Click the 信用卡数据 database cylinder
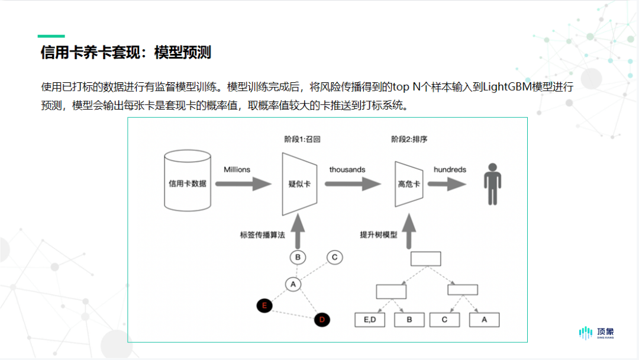(x=188, y=181)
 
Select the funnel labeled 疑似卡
(x=299, y=184)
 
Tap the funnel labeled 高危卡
(x=409, y=184)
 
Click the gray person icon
(x=492, y=184)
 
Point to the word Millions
(x=237, y=169)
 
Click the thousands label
(x=347, y=169)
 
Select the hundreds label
(x=450, y=169)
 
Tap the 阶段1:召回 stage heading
(x=302, y=139)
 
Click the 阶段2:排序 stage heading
(x=409, y=139)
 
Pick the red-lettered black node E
(x=264, y=306)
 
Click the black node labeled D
(x=322, y=320)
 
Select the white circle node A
(x=293, y=284)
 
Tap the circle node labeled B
(x=298, y=257)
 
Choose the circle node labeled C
(x=334, y=257)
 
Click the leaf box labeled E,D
(x=370, y=320)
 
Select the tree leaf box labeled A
(x=484, y=320)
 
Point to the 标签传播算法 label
(x=263, y=235)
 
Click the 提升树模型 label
(x=378, y=235)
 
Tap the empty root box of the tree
(x=425, y=259)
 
